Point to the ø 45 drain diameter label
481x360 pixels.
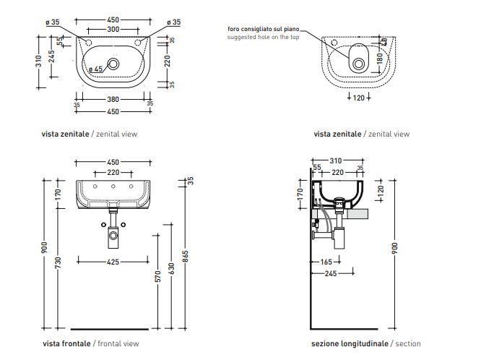pyautogui.click(x=94, y=69)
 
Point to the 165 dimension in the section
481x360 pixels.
pyautogui.click(x=325, y=262)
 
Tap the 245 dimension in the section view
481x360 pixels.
pyautogui.click(x=331, y=273)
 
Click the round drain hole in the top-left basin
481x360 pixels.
pyautogui.click(x=113, y=64)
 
